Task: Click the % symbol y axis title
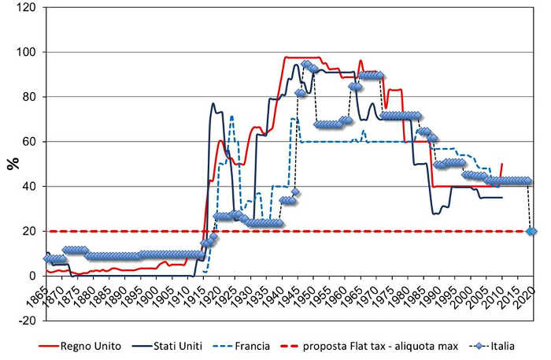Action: pyautogui.click(x=12, y=164)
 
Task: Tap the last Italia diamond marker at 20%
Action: pyautogui.click(x=531, y=231)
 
